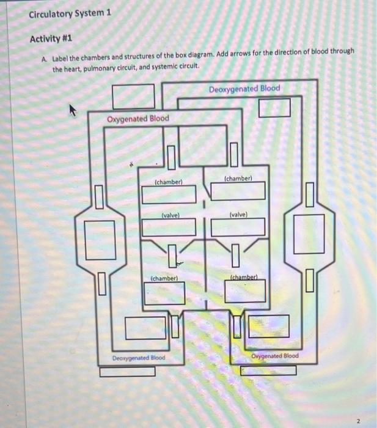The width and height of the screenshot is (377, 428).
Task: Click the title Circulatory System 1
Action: click(x=70, y=12)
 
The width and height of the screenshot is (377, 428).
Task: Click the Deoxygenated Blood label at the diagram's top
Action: click(x=244, y=89)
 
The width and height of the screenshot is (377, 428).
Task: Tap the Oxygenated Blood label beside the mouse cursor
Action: click(x=138, y=118)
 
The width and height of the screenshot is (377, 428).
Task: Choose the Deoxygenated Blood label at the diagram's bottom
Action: click(x=138, y=357)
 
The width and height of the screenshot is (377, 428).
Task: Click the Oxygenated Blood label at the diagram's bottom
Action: click(x=275, y=356)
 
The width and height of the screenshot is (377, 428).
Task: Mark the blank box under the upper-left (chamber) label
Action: click(x=169, y=195)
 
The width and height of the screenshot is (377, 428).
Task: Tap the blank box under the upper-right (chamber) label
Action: click(x=239, y=191)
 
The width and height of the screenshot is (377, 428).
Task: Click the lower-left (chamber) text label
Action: click(x=164, y=278)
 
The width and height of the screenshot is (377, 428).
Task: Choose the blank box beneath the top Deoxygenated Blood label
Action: click(x=274, y=108)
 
